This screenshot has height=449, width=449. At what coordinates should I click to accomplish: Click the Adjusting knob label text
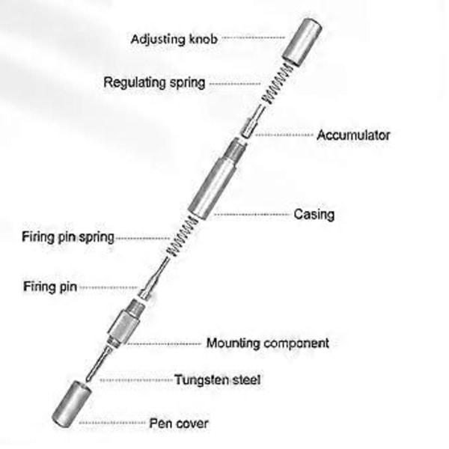pyautogui.click(x=174, y=38)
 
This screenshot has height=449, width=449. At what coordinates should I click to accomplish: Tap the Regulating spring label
pyautogui.click(x=154, y=82)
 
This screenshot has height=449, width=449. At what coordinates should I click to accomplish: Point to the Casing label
pyautogui.click(x=313, y=214)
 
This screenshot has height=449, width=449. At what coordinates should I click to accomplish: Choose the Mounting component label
pyautogui.click(x=268, y=344)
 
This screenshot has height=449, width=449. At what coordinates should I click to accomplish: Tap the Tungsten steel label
pyautogui.click(x=218, y=379)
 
